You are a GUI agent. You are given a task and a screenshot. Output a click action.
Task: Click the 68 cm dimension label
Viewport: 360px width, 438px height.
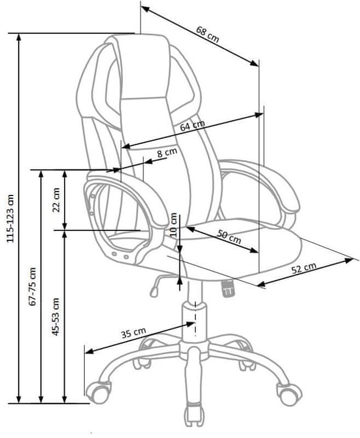click(207, 34)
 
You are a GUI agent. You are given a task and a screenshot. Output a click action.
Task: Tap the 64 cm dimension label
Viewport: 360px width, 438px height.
click(192, 125)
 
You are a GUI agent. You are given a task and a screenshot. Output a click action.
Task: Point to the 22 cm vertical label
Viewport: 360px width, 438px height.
click(56, 200)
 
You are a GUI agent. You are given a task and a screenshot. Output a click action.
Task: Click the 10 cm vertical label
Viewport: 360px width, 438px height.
click(173, 225)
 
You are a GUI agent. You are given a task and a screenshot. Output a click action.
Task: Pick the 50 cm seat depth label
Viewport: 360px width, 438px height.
click(229, 237)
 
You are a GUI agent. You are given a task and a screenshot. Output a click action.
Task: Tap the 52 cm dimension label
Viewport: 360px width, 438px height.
click(304, 268)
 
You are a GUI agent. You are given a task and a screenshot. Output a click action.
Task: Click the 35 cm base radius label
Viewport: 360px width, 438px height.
click(133, 332)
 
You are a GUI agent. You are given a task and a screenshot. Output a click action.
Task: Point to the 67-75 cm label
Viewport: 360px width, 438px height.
click(33, 286)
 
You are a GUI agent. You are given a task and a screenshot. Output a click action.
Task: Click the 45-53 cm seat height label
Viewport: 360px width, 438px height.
click(56, 316)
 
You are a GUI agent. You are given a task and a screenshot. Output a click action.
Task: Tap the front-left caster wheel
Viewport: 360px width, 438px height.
click(98, 393)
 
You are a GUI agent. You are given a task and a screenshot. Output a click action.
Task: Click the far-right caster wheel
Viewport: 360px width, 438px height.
click(289, 394)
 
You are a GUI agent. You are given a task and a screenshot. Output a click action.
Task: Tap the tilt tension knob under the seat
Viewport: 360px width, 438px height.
click(228, 289)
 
